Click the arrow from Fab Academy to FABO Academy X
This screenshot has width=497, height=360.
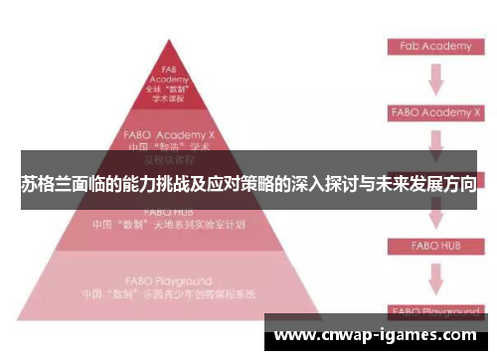click(434, 79)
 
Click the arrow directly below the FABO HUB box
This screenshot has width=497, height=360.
click(434, 277)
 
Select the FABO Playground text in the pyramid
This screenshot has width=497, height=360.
click(169, 280)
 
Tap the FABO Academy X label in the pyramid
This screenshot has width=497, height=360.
click(169, 131)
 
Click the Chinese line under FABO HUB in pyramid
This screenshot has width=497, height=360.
click(169, 225)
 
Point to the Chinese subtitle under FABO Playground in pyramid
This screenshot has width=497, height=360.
click(169, 294)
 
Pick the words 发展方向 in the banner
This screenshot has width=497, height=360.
click(438, 185)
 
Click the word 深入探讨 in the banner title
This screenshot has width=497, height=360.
click(324, 185)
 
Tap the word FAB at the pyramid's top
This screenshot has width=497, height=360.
click(169, 69)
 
